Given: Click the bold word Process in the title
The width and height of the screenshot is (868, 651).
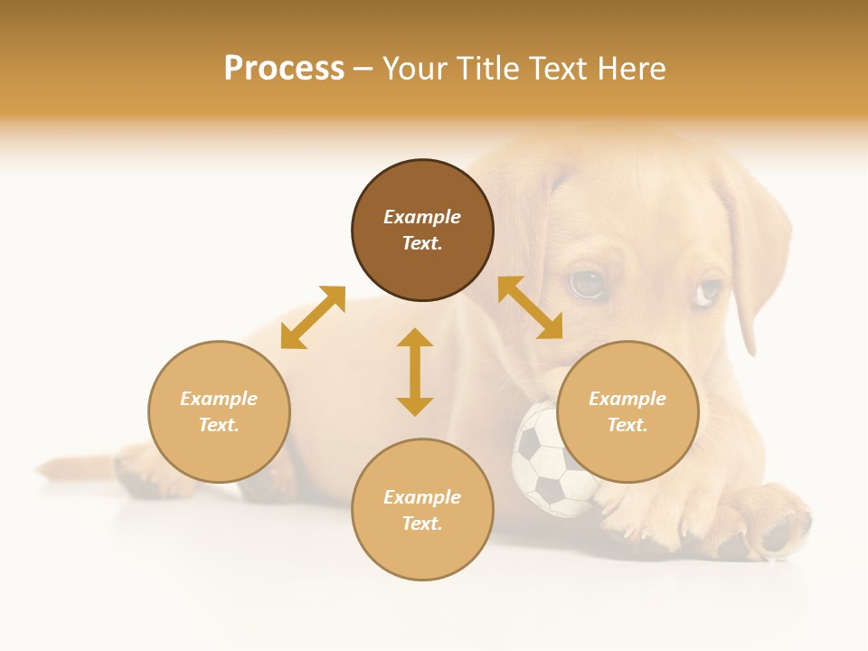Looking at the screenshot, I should point(284,69).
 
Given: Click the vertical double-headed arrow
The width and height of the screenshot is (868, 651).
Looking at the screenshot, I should point(415,372).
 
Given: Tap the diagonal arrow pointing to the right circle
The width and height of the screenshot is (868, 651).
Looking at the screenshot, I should point(530,307).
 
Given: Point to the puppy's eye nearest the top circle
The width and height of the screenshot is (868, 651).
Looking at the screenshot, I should point(586,284).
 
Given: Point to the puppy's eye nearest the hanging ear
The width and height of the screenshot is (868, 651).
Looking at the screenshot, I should point(709,291).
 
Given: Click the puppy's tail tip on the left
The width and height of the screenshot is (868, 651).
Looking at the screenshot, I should point(54,467).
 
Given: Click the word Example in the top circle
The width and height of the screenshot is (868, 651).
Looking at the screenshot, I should point(422,217).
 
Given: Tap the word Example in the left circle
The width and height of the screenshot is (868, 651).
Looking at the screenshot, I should point(219,399).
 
